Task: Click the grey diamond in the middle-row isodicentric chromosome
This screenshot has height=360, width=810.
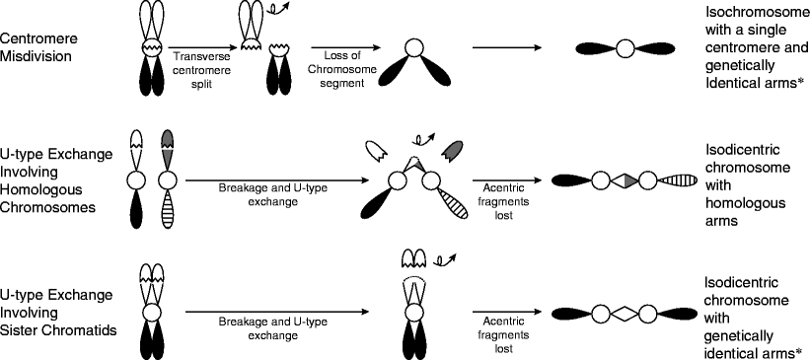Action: point(623,180)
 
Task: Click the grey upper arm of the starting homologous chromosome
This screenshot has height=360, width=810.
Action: point(167,151)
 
